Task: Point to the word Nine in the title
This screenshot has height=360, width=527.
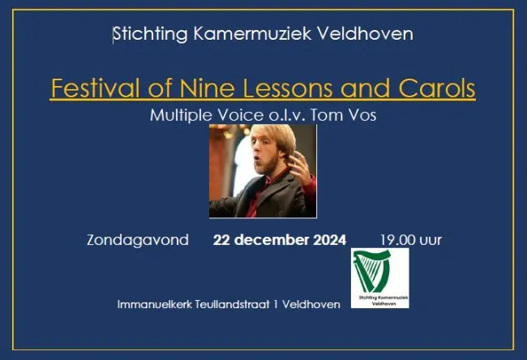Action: tap(199, 87)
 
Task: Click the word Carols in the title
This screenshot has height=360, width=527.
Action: tap(436, 87)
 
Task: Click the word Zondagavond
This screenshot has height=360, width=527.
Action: tap(137, 240)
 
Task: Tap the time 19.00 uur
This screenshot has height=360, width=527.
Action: tap(410, 240)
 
